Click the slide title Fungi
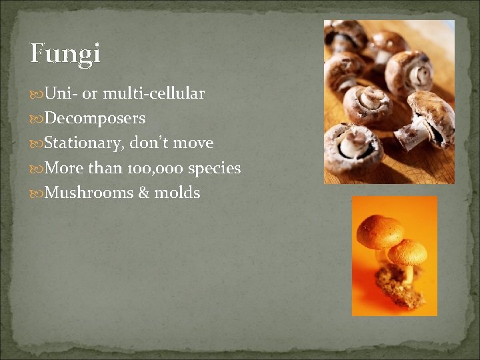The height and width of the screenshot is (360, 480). (x=65, y=53)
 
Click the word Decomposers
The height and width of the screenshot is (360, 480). (x=95, y=119)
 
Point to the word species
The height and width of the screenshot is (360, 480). (x=214, y=169)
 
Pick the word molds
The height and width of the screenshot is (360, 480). (x=177, y=193)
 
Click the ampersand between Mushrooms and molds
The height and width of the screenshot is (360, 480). (x=143, y=193)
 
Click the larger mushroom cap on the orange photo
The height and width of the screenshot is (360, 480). (x=379, y=231)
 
